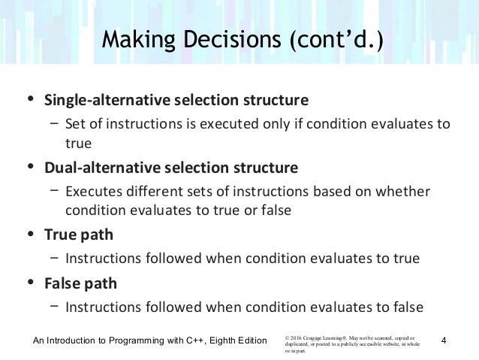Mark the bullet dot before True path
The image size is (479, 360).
pyautogui.click(x=29, y=234)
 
